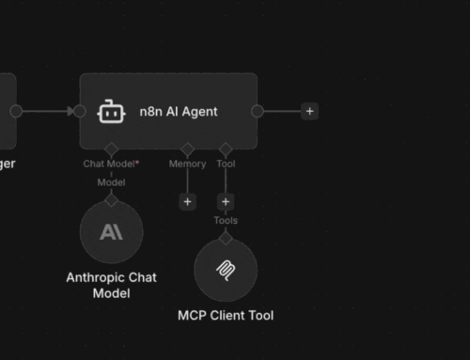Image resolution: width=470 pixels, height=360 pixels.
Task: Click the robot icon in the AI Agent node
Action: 111,112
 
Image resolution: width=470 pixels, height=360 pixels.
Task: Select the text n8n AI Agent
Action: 185,112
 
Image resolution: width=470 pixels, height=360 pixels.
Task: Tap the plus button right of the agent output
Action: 309,111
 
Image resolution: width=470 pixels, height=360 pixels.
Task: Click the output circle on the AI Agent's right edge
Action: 258,111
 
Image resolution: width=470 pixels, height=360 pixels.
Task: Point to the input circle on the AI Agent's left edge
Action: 80,111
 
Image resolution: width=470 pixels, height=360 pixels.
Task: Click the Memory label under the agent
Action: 187,164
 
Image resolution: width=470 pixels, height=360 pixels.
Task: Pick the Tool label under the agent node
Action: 226,164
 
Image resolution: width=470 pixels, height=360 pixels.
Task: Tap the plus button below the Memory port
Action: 187,201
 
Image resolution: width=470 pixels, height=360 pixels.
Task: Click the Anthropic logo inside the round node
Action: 112,231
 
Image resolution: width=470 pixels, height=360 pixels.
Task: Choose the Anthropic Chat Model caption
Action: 112,285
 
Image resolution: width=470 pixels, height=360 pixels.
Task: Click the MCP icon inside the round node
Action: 226,271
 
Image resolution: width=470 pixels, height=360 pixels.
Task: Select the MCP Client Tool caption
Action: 226,315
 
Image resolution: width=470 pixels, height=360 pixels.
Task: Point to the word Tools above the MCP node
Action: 226,221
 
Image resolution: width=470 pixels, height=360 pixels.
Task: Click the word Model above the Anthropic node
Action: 112,182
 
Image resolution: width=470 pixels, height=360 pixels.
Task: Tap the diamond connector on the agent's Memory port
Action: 187,149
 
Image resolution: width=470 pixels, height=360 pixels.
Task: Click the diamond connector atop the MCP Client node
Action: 226,237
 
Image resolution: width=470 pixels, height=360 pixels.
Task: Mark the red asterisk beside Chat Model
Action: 138,162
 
